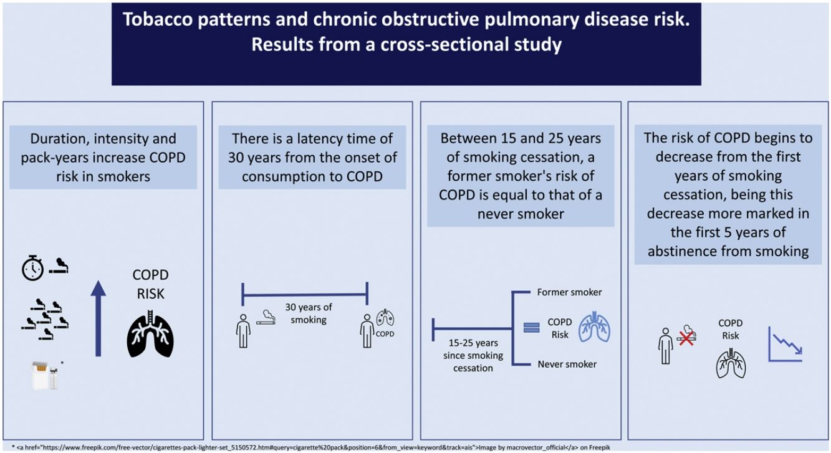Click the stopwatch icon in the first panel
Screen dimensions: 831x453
tap(32, 268)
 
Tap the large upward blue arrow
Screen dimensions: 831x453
tap(98, 318)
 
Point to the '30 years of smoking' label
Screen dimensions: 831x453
tap(309, 313)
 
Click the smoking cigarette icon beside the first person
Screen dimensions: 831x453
tap(267, 317)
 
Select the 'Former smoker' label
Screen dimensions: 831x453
tap(569, 292)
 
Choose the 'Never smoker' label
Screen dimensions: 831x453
tap(567, 364)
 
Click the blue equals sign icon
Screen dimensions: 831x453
tap(531, 327)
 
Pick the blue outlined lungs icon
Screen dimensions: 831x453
tap(594, 328)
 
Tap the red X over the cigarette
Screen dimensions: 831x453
tap(686, 338)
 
